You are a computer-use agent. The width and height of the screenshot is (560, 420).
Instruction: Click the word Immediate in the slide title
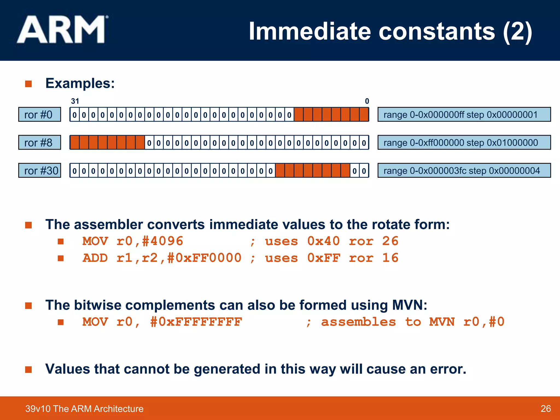click(310, 31)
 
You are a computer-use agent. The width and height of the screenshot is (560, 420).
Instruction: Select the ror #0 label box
click(40, 115)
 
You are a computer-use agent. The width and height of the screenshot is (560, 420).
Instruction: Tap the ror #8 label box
click(40, 142)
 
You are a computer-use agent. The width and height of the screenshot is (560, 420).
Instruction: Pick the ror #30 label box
click(40, 171)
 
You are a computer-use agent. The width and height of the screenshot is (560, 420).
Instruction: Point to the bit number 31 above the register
click(75, 101)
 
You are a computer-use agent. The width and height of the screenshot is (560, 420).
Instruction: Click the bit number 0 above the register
click(367, 101)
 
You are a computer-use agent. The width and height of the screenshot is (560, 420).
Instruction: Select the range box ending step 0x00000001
click(464, 115)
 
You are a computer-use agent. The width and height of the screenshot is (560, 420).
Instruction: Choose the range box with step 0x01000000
click(464, 142)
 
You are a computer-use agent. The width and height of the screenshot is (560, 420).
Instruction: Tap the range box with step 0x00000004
click(464, 171)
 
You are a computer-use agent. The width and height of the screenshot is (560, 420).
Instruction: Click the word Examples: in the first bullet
click(80, 83)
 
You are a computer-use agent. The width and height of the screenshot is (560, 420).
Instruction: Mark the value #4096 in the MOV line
click(162, 241)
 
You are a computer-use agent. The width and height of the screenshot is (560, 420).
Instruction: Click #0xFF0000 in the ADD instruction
click(204, 258)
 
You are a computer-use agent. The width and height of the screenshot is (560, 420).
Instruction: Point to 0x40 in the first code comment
click(323, 241)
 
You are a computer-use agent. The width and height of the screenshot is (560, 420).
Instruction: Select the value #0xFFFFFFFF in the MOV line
click(196, 322)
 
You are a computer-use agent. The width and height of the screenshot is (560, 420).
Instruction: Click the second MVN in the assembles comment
click(442, 322)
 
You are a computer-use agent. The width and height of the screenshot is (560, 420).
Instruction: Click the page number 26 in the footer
click(546, 409)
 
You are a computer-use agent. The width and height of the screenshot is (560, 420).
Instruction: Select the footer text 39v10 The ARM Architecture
click(84, 409)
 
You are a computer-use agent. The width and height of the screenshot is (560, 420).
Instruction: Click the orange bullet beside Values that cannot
click(28, 369)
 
